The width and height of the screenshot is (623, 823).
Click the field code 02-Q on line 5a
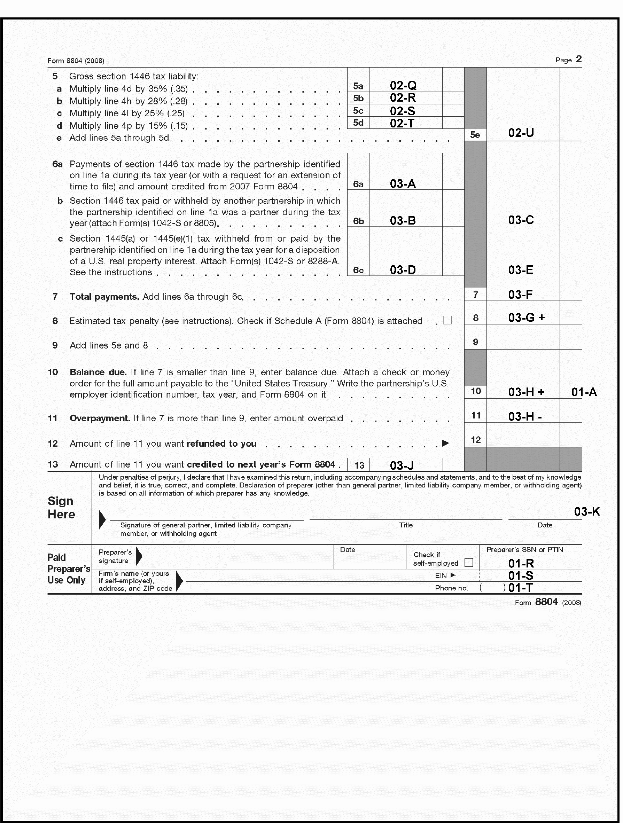pos(403,86)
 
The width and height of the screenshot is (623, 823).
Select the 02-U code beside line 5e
pos(521,133)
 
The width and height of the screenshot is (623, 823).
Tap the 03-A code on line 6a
pos(403,184)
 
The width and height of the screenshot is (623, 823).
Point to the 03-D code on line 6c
pos(403,270)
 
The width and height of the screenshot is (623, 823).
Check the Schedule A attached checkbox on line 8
pos(447,320)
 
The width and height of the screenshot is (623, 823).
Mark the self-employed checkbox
pos(468,562)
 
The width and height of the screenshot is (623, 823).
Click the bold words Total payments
pos(104,297)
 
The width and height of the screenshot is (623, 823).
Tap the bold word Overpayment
pos(100,418)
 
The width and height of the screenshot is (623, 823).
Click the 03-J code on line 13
pos(402,465)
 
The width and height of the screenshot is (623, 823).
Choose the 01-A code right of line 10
pos(584,392)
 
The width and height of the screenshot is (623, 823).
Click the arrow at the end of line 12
pos(445,443)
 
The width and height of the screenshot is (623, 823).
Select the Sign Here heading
pos(61,508)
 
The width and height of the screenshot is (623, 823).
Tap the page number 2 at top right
pos(579,60)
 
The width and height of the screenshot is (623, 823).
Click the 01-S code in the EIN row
pos(521,576)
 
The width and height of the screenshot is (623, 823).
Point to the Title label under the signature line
pos(406,525)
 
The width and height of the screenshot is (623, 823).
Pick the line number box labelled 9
pos(475,342)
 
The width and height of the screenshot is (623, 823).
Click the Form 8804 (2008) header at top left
pos(76,61)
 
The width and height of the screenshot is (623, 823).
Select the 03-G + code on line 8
pos(526,318)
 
